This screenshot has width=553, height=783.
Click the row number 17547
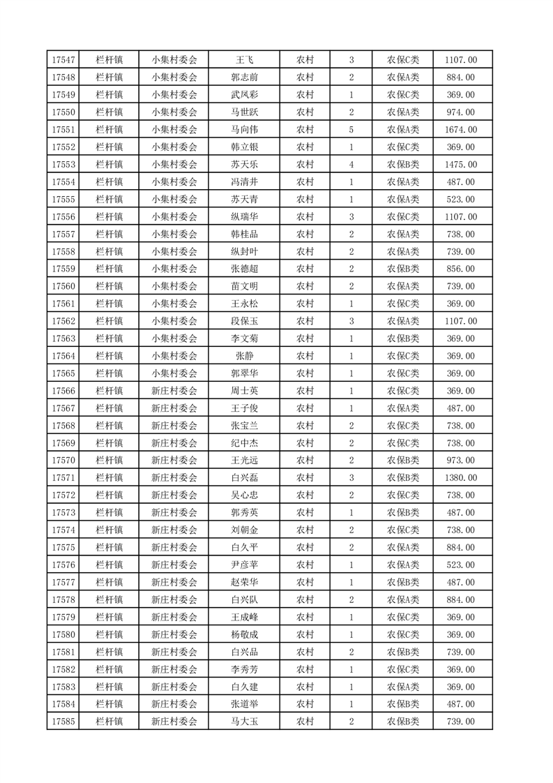[x=63, y=60]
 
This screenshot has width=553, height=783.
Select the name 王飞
[x=244, y=60]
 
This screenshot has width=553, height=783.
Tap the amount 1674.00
[x=460, y=130]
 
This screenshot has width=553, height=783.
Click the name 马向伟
[x=244, y=130]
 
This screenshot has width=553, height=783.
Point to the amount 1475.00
[x=460, y=165]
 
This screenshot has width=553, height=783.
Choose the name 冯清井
[x=244, y=182]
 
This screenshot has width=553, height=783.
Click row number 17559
[x=63, y=269]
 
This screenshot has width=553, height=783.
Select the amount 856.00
[x=460, y=269]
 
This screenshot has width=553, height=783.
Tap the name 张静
[x=244, y=357]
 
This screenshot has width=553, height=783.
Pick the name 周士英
[x=244, y=391]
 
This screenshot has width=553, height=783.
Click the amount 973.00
[x=460, y=461]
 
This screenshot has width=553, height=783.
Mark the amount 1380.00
[x=460, y=478]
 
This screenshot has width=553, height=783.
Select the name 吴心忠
[x=244, y=495]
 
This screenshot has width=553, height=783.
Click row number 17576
[x=63, y=565]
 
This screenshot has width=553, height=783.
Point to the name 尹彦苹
[x=244, y=565]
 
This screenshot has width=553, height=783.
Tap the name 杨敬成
[x=244, y=635]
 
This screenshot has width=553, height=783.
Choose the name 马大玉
[x=244, y=722]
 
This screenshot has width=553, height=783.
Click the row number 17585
[x=63, y=722]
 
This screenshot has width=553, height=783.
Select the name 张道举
[x=244, y=705]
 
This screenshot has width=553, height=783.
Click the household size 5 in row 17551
[x=351, y=130]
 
